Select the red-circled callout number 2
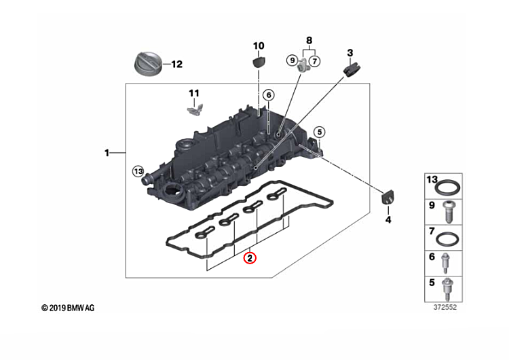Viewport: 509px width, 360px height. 250,258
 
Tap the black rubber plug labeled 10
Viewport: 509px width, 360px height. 258,64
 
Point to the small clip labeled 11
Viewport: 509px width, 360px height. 195,107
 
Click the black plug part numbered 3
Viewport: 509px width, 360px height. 352,69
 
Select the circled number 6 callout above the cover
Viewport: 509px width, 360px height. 267,94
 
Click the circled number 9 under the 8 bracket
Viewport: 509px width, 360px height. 293,61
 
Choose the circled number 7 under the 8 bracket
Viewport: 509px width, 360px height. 314,61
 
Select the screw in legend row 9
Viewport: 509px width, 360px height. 449,212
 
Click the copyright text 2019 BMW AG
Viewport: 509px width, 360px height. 68,308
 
